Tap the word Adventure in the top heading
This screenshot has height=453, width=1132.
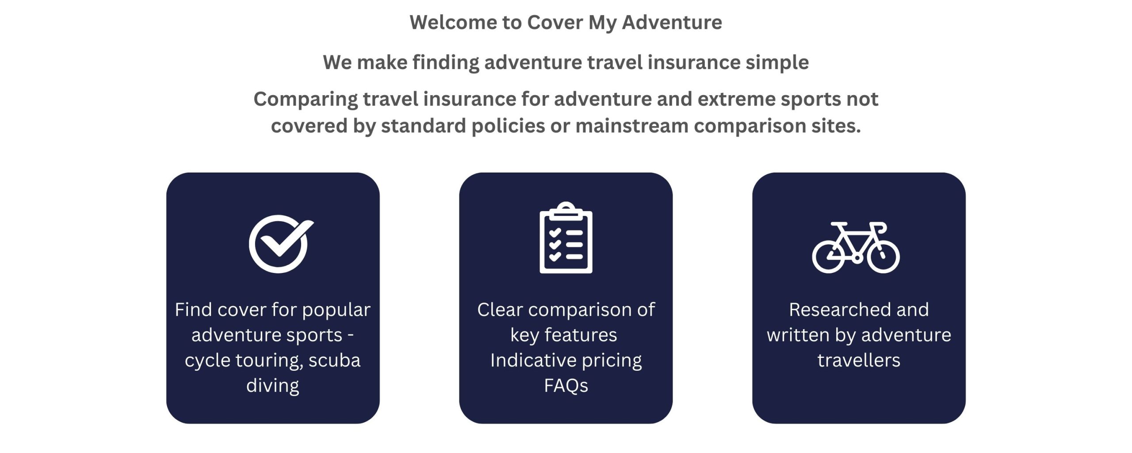coord(672,23)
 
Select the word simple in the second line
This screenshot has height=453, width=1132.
coord(777,62)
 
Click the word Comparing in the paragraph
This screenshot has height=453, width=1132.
coord(306,99)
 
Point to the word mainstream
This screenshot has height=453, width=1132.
coord(632,126)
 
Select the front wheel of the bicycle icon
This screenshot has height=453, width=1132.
coord(883,257)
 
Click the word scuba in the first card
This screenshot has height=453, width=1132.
coord(334,361)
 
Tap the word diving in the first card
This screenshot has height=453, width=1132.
coord(272,386)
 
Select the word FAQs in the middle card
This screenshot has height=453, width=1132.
coord(566,386)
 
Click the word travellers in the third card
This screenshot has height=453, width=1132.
coord(858,361)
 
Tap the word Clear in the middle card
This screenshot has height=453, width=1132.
coord(500,310)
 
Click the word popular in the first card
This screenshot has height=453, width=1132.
coord(336,310)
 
